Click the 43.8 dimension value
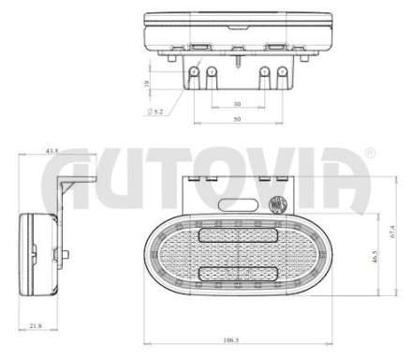click(52, 151)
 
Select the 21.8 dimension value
click(36, 325)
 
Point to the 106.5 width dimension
click(231, 340)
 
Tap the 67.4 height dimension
click(392, 232)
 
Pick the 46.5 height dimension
click(375, 257)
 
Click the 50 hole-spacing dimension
click(237, 119)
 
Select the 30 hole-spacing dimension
click(237, 103)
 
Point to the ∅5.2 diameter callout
click(155, 112)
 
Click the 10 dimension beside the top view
click(146, 83)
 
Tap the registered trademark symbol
click(370, 153)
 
